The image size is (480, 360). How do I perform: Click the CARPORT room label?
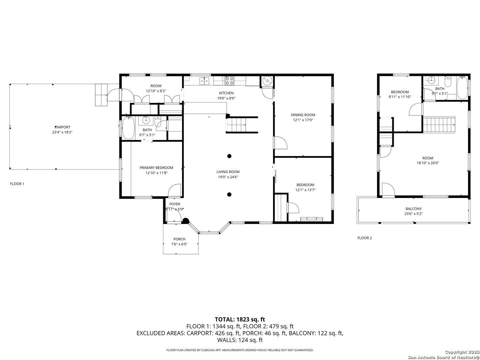[x=62, y=127]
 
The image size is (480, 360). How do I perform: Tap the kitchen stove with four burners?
[x=230, y=80]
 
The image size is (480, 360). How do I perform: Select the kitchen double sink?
[x=204, y=80]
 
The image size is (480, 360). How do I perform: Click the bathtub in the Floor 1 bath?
[x=128, y=128]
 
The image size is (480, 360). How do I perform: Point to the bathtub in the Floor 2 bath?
[x=462, y=88]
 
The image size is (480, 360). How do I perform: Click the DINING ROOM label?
[x=303, y=115]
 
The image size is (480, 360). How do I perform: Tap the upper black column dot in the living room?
[x=229, y=156]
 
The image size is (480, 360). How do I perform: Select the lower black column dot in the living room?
[x=229, y=194]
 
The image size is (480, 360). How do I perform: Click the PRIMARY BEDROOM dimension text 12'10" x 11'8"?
[x=156, y=173]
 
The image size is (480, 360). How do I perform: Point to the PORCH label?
[x=179, y=239]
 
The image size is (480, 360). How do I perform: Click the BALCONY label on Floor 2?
[x=414, y=209]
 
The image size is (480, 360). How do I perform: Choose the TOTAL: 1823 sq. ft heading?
[x=240, y=319]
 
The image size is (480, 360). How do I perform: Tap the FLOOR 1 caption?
[x=17, y=184]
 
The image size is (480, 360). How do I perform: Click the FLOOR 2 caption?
[x=365, y=238]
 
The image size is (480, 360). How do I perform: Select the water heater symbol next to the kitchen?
[x=267, y=81]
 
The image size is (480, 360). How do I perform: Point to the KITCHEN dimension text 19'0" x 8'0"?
[x=226, y=98]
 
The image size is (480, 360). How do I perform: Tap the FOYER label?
[x=175, y=204]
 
